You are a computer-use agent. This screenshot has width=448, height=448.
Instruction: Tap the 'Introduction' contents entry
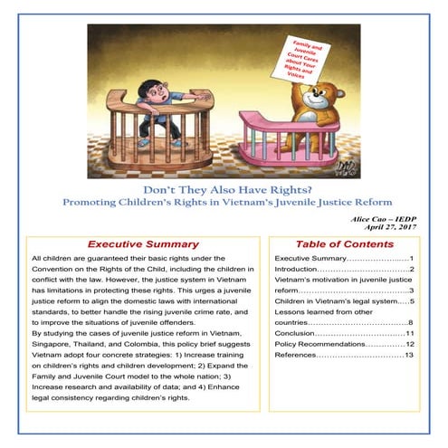(300, 270)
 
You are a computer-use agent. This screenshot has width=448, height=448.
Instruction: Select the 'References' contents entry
(299, 356)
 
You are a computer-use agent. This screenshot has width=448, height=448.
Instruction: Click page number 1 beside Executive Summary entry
(410, 259)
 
